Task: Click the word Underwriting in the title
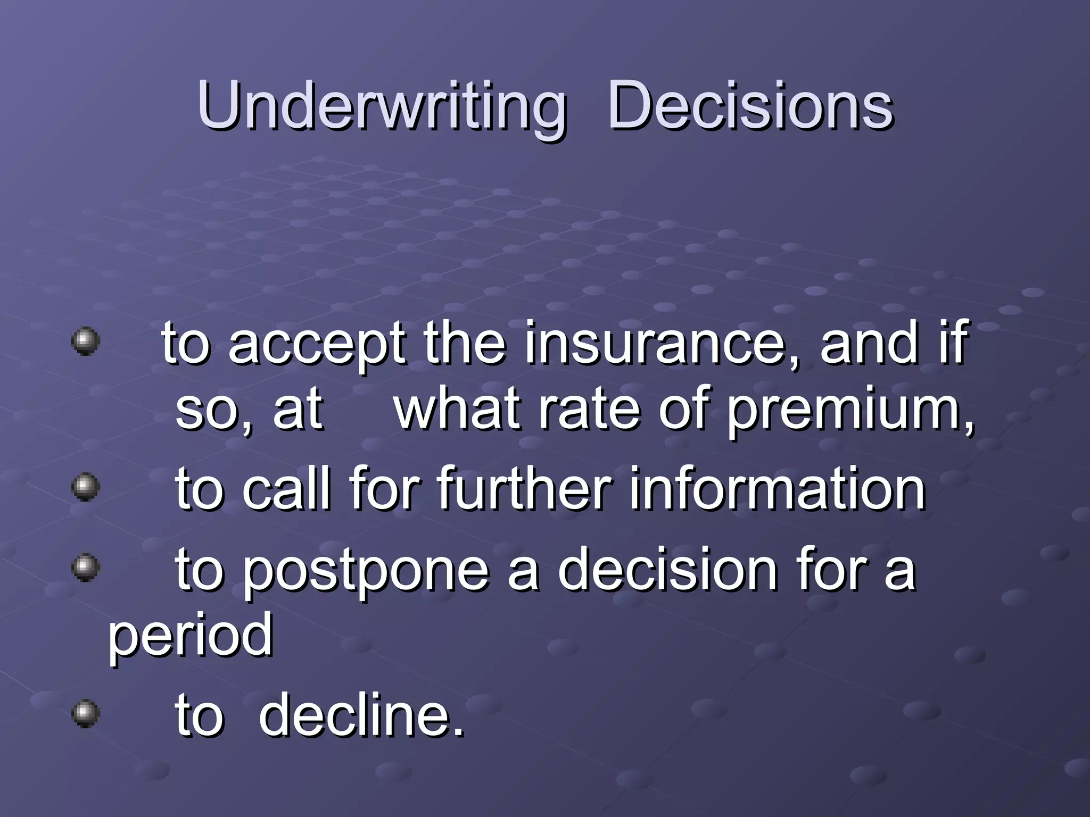pos(381,106)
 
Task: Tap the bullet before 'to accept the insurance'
pos(86,340)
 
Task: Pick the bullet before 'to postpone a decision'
pos(86,568)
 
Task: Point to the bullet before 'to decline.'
pos(86,713)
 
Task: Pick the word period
pos(191,636)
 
